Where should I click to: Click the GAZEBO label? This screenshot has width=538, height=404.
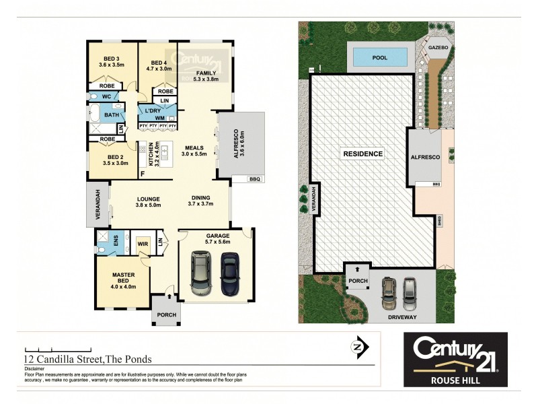(x=440, y=48)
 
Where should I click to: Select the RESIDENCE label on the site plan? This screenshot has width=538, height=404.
(x=362, y=154)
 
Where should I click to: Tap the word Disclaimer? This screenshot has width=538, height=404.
(x=34, y=369)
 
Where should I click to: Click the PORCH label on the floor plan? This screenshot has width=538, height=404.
(x=165, y=314)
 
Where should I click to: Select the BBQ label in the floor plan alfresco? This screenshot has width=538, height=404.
(x=254, y=178)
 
